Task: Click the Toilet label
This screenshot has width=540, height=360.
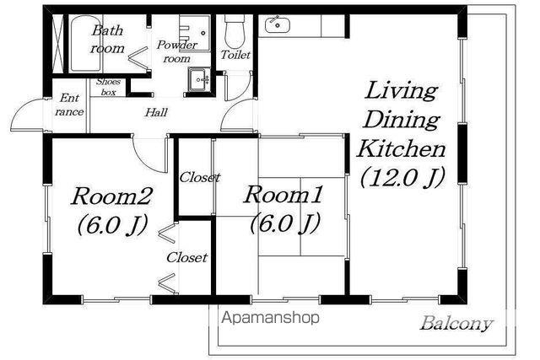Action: [x=235, y=55]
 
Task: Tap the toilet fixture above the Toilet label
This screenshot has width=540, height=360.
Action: [x=235, y=31]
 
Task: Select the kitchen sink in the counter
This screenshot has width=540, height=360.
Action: [x=278, y=24]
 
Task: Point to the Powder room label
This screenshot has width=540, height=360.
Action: [x=177, y=51]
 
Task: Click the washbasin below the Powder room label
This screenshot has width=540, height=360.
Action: [x=199, y=80]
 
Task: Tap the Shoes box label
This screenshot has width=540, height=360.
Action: [x=108, y=87]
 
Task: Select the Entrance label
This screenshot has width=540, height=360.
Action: [x=69, y=105]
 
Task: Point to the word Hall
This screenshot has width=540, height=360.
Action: [x=156, y=112]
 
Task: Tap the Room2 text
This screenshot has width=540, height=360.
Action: [x=111, y=196]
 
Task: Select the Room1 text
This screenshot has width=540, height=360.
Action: [x=283, y=195]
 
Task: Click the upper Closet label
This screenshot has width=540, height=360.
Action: [x=200, y=178]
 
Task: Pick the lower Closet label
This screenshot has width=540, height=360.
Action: [x=187, y=257]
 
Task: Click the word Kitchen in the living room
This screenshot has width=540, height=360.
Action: [x=402, y=149]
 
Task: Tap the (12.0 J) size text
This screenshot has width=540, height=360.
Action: [x=402, y=178]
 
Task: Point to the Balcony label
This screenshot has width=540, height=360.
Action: [x=456, y=324]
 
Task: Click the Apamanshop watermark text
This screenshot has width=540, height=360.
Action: [x=270, y=318]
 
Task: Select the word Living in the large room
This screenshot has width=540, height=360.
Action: [x=402, y=91]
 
